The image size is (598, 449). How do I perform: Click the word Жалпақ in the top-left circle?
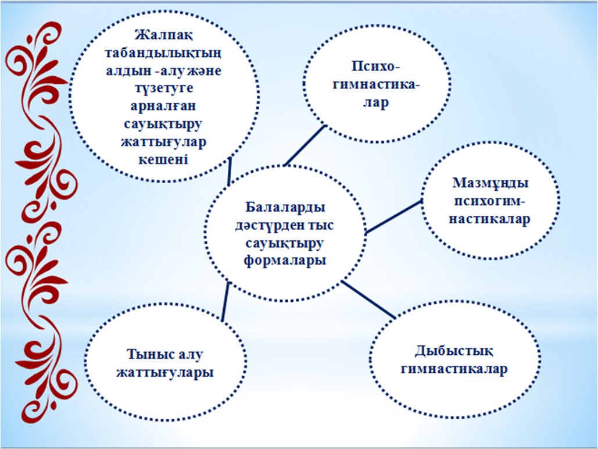[x=164, y=36]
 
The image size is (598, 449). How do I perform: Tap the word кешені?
[x=163, y=159]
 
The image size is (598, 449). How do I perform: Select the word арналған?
[x=163, y=106]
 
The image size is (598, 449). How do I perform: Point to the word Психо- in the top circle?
[x=375, y=66]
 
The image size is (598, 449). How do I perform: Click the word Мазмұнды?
[x=490, y=184]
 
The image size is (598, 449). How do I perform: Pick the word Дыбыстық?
[x=454, y=351]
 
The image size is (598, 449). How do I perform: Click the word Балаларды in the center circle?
[x=285, y=208]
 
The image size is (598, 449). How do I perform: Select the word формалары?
[x=285, y=261]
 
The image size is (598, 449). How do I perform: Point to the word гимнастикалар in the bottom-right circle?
[x=454, y=369]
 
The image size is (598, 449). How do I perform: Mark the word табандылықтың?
[x=163, y=54]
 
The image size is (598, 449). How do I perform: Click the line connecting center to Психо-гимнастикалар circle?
[x=305, y=145]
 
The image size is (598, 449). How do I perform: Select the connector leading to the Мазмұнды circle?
[x=393, y=216]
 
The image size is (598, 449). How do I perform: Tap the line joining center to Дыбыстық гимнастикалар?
[x=368, y=300]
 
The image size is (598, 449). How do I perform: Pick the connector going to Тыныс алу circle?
[x=225, y=301]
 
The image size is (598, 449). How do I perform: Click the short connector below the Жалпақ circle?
[x=229, y=172]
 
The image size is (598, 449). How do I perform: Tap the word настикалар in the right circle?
[x=489, y=219]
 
